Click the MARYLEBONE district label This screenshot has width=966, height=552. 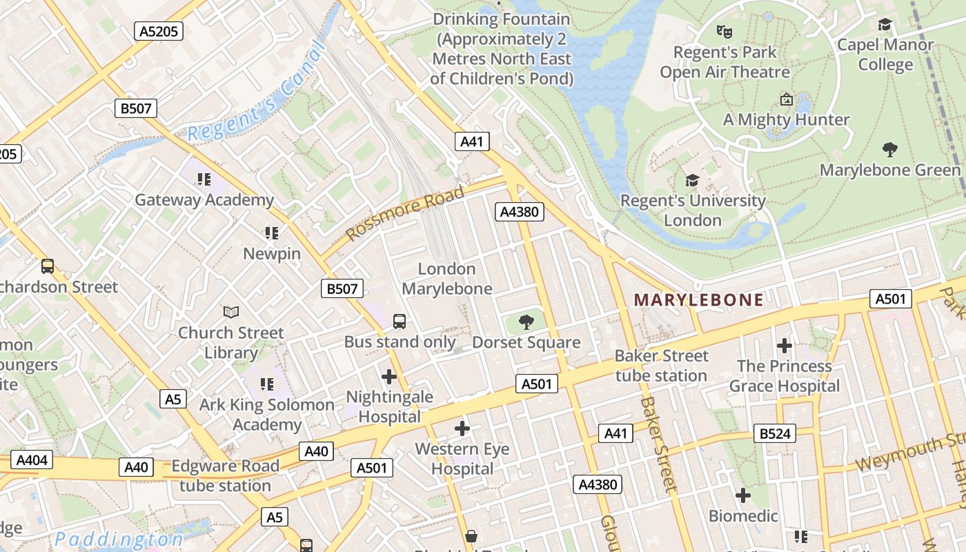coord(698,299)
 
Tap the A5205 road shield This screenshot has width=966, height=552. coord(158,30)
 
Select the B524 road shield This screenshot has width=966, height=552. coord(775,433)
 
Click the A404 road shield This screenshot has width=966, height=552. coord(31,460)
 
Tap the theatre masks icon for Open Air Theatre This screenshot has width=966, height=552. coord(724,31)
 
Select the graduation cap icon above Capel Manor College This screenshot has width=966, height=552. coord(885,26)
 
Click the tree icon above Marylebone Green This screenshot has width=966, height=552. coord(889,149)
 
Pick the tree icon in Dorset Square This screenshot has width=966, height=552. coord(526,322)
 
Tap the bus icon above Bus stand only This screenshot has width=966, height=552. coord(400,321)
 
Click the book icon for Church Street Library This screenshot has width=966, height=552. coord(231,312)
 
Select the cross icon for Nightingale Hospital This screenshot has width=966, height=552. coord(389,377)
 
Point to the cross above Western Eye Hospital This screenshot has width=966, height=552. coord(462,428)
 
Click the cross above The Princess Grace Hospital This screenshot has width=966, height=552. coord(784,345)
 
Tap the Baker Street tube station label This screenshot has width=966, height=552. coord(661,366)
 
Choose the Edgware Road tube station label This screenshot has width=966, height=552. coord(226,475)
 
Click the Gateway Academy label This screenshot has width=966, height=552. coord(204,200)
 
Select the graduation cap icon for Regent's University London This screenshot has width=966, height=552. coord(692,181)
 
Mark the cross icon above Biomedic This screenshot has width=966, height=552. coord(743,495)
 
